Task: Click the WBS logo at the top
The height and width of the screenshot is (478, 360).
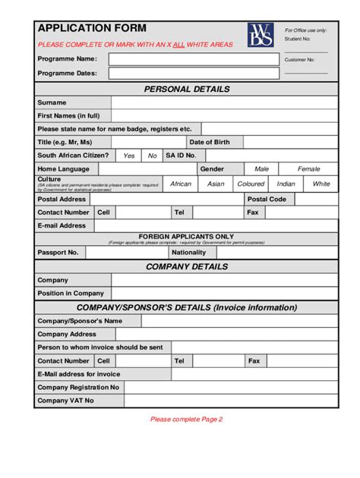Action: (x=260, y=36)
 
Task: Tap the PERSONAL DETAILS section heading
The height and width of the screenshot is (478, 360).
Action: (x=186, y=89)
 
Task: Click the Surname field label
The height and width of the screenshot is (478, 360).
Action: (x=52, y=102)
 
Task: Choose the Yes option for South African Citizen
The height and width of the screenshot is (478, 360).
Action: (x=129, y=156)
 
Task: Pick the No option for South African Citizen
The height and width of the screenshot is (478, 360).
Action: (x=152, y=156)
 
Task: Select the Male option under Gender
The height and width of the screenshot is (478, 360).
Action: (x=261, y=169)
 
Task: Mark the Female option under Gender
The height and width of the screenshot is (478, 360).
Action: (x=308, y=169)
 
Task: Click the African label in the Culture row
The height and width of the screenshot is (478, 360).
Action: (x=181, y=184)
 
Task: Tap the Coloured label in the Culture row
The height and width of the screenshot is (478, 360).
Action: (x=251, y=184)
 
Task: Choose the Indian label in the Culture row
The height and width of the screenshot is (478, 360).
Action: (x=286, y=184)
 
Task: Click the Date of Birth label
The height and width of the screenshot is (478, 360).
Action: (x=210, y=142)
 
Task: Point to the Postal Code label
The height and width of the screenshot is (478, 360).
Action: (x=267, y=199)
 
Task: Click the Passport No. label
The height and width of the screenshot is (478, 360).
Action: (x=58, y=252)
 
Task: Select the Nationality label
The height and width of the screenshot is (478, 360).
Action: (x=188, y=252)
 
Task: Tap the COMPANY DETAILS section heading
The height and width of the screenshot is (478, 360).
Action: (x=186, y=266)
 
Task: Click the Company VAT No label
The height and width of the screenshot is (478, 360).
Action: (x=66, y=401)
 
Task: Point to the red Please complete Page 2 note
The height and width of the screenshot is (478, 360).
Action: (x=186, y=419)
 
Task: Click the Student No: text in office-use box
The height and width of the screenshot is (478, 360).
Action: (x=298, y=38)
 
